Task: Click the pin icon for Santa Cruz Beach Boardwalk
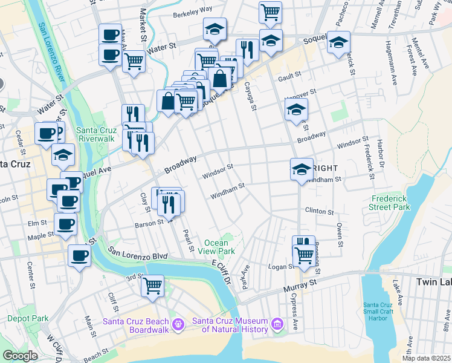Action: click(178, 325)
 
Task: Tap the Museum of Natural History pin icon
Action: click(277, 325)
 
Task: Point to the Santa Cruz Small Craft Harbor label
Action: click(386, 312)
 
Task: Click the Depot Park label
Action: click(27, 318)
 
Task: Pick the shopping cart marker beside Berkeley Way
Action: click(271, 11)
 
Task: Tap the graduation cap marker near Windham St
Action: click(301, 169)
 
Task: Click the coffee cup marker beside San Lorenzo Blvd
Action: click(79, 255)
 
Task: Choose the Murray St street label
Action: click(305, 282)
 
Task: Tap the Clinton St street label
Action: click(319, 212)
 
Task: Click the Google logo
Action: click(20, 356)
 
